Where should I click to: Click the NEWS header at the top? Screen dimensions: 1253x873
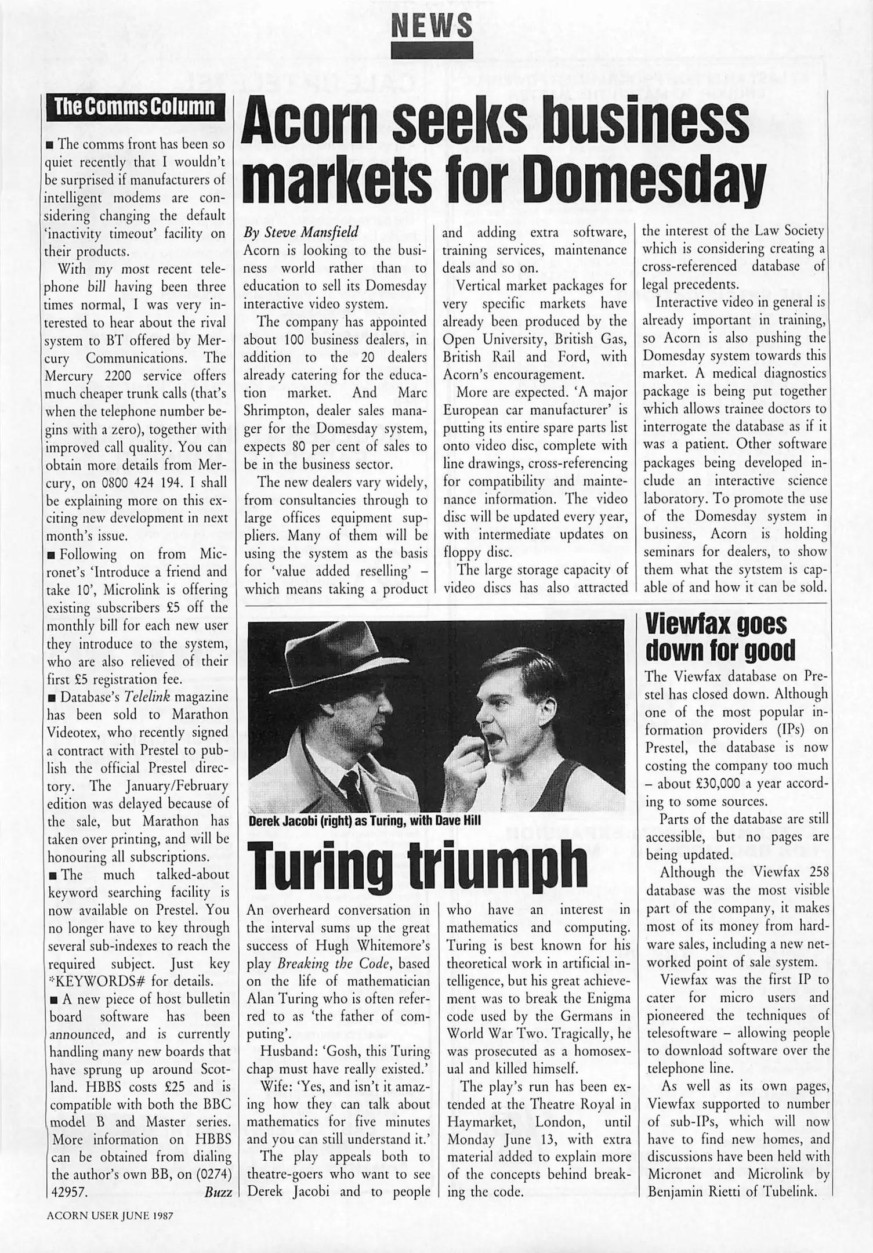pos(433,25)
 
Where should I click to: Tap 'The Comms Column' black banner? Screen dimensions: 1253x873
pos(135,107)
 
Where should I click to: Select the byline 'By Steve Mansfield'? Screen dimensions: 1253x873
pos(301,233)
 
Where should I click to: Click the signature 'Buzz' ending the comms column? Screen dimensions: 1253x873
pos(218,1192)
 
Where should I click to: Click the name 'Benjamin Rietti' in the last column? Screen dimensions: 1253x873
pos(691,1192)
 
